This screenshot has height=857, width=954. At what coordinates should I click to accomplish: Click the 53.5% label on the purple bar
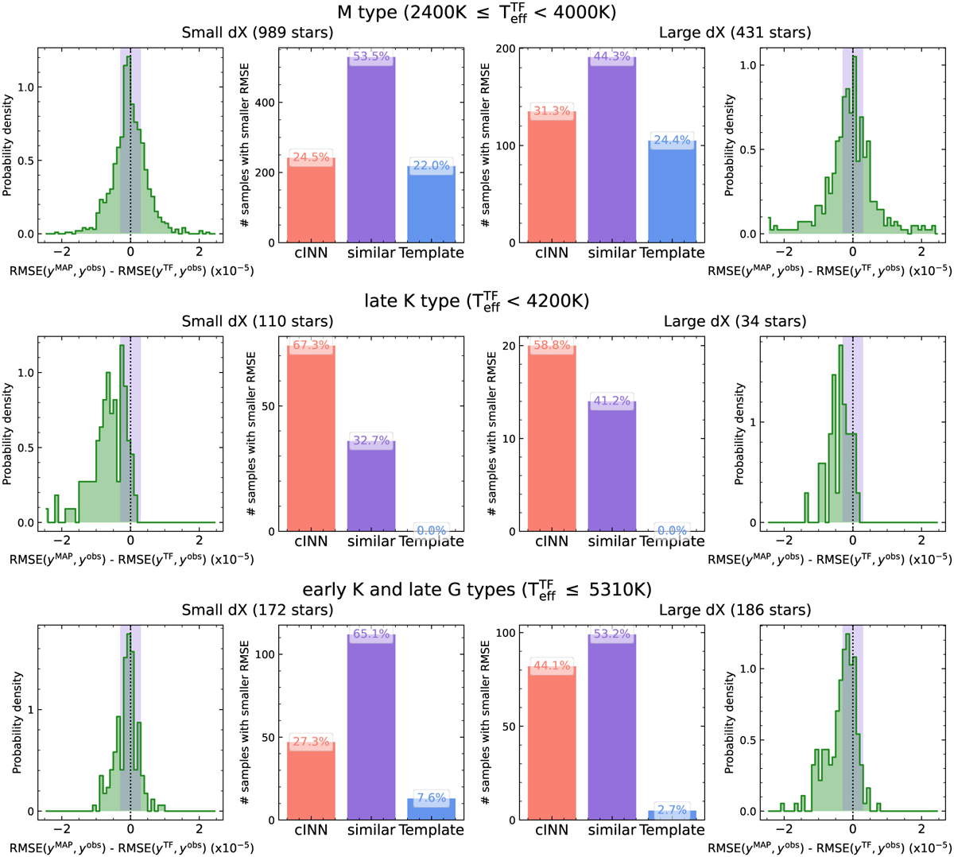tap(371, 57)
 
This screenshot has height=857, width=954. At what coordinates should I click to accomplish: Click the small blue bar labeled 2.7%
tap(672, 815)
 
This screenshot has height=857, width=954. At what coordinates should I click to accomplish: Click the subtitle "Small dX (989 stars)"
tap(258, 33)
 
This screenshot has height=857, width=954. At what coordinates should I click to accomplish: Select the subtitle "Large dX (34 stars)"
tap(735, 321)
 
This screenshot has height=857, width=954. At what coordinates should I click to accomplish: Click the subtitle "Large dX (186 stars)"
tap(735, 610)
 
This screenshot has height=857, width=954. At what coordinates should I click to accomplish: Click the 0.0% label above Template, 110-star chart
tap(431, 530)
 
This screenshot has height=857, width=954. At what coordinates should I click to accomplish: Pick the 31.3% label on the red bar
tap(552, 111)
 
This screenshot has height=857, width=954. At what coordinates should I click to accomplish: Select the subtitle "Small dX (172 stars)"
tap(258, 610)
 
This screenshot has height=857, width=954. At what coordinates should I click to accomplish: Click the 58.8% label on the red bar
tap(552, 346)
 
